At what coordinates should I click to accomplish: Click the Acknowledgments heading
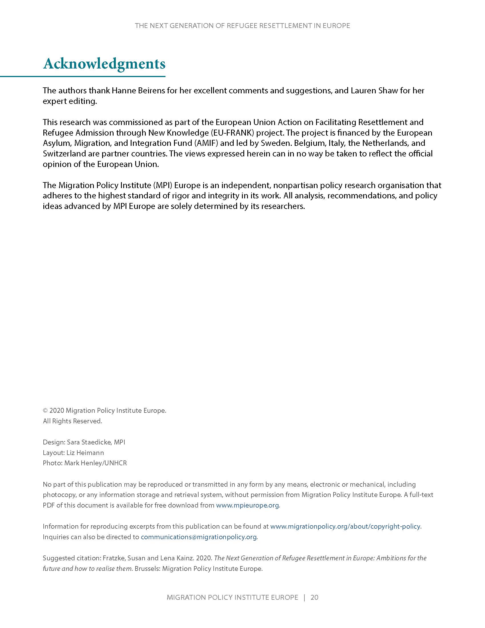coord(104,64)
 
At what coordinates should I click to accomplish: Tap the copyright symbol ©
coord(45,410)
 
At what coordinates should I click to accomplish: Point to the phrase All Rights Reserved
coord(72,421)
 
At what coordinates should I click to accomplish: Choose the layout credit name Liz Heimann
coord(85,453)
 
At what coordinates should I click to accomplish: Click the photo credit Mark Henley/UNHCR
coord(95,463)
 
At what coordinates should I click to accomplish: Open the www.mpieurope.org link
coord(247,505)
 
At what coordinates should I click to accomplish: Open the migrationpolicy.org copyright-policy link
coord(345,526)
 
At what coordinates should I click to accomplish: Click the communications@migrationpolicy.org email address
coord(199,537)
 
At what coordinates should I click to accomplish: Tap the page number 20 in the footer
coord(314,597)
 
